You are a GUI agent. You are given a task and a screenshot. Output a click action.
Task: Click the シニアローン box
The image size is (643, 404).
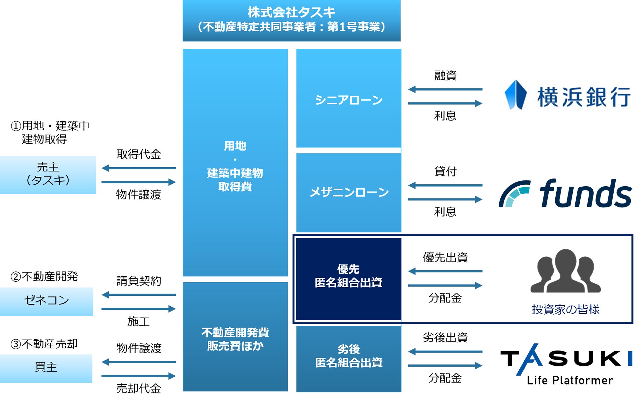349,98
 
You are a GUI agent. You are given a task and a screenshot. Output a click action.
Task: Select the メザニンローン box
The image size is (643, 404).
349,193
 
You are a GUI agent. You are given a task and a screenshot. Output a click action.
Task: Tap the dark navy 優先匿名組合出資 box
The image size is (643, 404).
349,279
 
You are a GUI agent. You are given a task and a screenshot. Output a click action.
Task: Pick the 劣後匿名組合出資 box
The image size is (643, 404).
349,359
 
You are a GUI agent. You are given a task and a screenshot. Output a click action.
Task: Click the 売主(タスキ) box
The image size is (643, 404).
48,174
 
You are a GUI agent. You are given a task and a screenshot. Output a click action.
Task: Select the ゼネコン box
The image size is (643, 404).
46,301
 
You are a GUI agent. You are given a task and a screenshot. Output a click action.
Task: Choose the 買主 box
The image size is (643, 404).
46,368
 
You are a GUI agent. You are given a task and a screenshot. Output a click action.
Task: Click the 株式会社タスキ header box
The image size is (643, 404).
291,20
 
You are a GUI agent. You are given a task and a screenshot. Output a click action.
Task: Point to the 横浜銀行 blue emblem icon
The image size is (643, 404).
515,95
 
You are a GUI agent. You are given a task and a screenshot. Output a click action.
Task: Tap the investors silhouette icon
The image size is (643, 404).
565,271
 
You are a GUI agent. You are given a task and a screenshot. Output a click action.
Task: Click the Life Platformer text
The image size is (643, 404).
570,380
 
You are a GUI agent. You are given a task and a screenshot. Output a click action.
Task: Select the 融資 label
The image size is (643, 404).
445,76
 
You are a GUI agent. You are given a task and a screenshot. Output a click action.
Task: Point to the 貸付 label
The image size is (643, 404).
445,171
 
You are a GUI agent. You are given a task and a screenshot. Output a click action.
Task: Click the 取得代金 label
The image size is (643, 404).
139,154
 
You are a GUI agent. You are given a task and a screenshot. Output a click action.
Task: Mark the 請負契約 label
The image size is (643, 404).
139,281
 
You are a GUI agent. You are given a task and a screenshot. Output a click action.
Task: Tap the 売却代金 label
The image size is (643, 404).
139,388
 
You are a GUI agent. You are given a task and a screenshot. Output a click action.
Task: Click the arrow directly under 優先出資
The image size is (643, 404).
445,271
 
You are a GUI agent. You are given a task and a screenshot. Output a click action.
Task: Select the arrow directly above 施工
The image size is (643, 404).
139,309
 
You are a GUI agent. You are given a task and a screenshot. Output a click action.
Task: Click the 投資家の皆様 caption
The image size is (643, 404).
565,309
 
